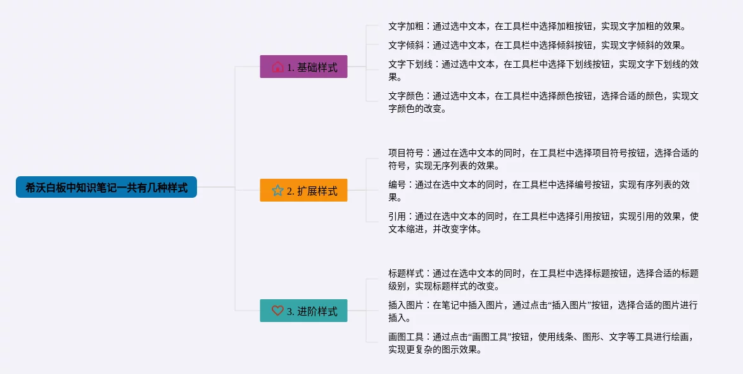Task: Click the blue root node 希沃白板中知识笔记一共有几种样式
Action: coord(106,188)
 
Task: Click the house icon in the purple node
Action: coord(277,67)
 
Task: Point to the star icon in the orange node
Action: coord(277,190)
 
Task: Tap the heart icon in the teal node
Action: coord(277,311)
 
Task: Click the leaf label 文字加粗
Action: coord(405,27)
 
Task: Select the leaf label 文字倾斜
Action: coord(405,46)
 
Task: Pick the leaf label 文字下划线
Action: coord(410,64)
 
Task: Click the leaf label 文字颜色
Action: coord(405,96)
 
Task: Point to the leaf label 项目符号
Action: coord(405,153)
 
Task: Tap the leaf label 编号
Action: coord(397,184)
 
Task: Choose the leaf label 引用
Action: coord(397,216)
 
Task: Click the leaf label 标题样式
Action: coord(405,273)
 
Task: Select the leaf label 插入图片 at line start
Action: coord(405,305)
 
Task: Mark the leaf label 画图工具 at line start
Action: coord(405,337)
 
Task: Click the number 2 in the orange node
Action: coord(289,191)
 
